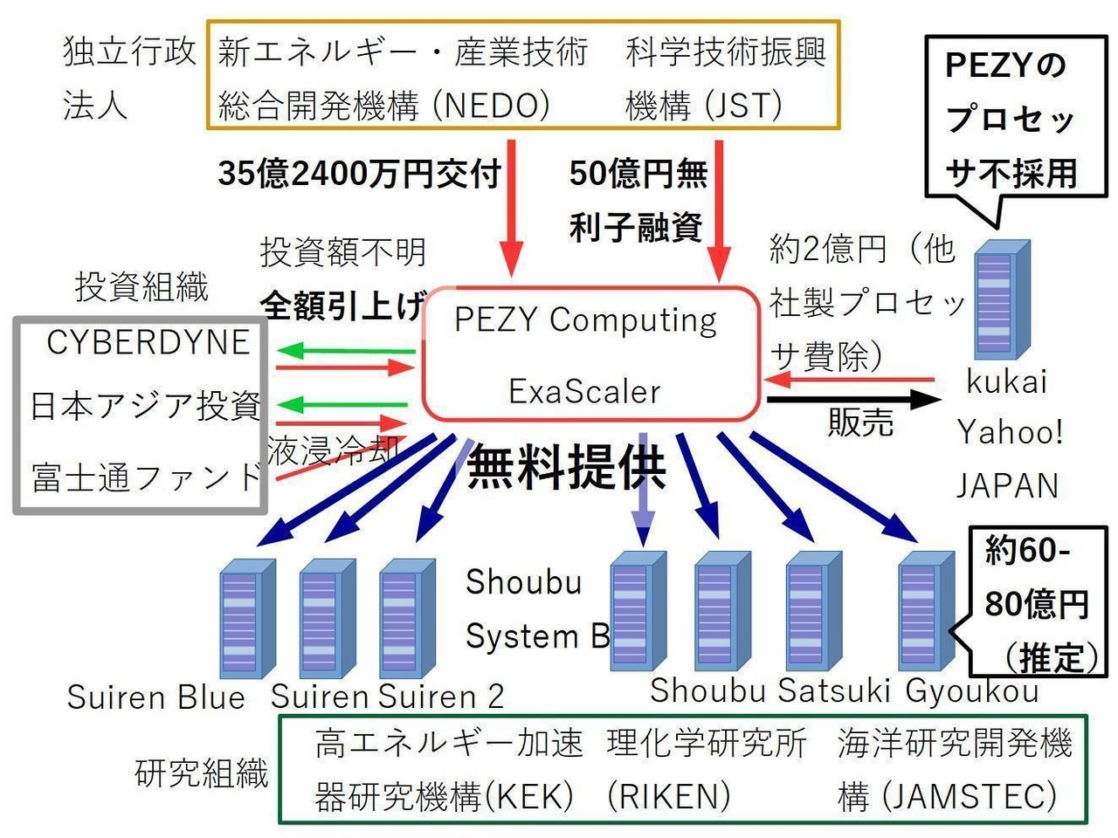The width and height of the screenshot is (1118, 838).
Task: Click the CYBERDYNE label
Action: coord(148,342)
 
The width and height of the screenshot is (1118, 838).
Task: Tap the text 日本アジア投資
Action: coord(145,406)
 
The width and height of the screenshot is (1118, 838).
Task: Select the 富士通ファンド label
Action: coord(147,477)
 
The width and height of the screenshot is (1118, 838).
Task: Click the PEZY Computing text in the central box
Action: coord(585,320)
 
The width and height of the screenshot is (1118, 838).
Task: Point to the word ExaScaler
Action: coord(584,391)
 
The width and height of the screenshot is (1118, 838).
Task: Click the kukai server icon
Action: coord(1001,300)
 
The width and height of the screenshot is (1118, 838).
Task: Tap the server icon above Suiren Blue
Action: coord(245,619)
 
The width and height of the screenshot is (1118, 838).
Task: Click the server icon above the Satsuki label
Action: coord(812,611)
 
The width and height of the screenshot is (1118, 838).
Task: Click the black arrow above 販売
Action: coord(852,400)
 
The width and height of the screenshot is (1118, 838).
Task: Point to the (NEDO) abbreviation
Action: coord(493,106)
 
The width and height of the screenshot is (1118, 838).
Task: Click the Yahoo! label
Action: coord(1010,432)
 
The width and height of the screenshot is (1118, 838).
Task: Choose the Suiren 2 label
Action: coord(441,697)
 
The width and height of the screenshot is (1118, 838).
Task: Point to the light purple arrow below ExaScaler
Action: coord(644,489)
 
